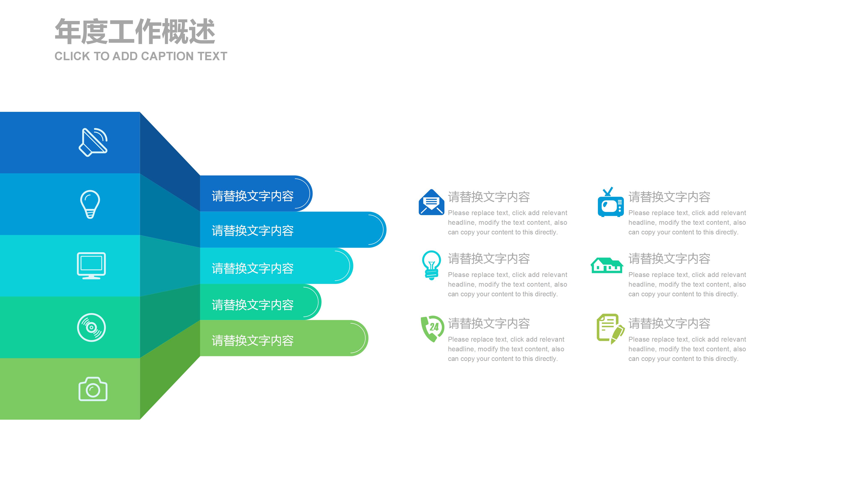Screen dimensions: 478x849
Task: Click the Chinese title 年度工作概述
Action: (x=135, y=32)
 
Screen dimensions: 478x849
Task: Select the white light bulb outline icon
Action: (x=90, y=204)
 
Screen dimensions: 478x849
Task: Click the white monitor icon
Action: (x=91, y=266)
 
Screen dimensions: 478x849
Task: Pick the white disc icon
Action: (x=91, y=327)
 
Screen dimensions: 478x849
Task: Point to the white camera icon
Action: (x=93, y=389)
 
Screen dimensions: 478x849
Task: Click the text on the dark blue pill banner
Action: (x=252, y=196)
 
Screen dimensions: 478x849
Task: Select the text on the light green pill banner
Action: (x=252, y=340)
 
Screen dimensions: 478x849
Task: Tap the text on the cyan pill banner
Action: (x=252, y=268)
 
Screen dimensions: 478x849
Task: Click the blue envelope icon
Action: (x=431, y=202)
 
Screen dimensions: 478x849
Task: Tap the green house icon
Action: (x=607, y=265)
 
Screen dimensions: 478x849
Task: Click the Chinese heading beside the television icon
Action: (x=669, y=197)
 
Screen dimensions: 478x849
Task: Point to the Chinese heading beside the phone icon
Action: (x=489, y=323)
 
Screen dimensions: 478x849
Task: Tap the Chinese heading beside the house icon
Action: (x=669, y=259)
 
